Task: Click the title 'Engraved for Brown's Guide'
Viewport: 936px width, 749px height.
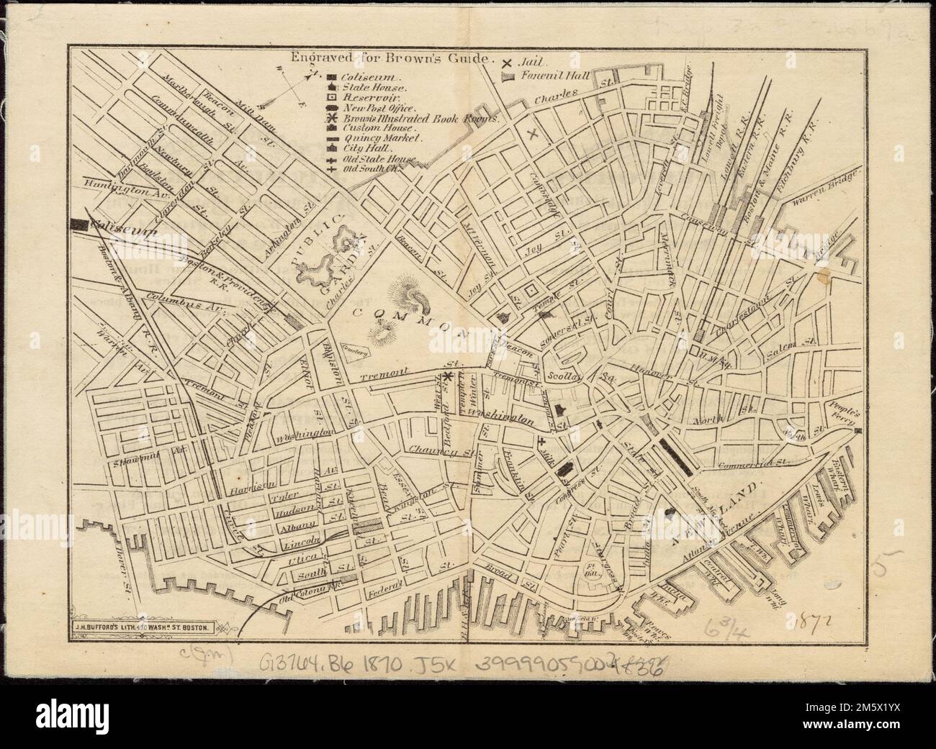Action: (389, 59)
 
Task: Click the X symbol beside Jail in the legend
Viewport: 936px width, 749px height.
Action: (508, 63)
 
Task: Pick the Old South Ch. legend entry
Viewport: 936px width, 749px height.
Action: (371, 168)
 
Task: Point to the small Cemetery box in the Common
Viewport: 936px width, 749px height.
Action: (355, 352)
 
